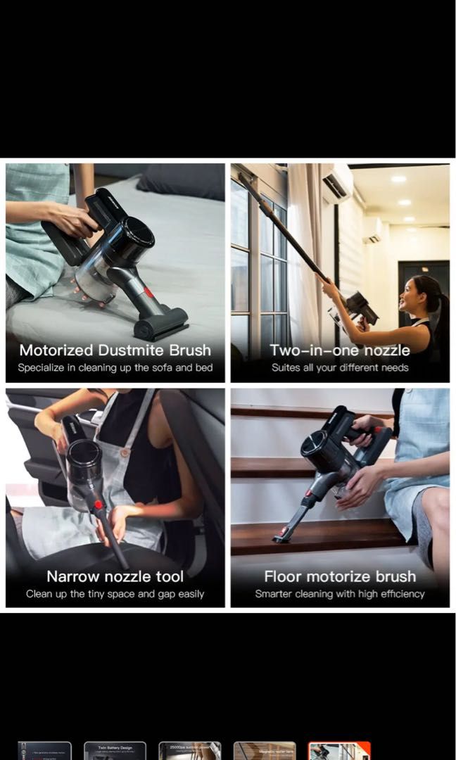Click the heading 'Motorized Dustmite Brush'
[115, 350]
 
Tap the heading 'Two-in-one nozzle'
[340, 350]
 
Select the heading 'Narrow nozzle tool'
[115, 576]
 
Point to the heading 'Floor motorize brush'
[340, 576]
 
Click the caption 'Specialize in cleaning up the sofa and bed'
[115, 367]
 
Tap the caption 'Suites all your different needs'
[340, 367]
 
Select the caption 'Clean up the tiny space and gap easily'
[115, 594]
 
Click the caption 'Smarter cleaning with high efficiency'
[340, 594]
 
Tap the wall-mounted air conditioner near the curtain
[338, 185]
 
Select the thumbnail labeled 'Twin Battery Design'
[115, 751]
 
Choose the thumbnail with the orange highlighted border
[339, 751]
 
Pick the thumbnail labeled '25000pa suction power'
[189, 751]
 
